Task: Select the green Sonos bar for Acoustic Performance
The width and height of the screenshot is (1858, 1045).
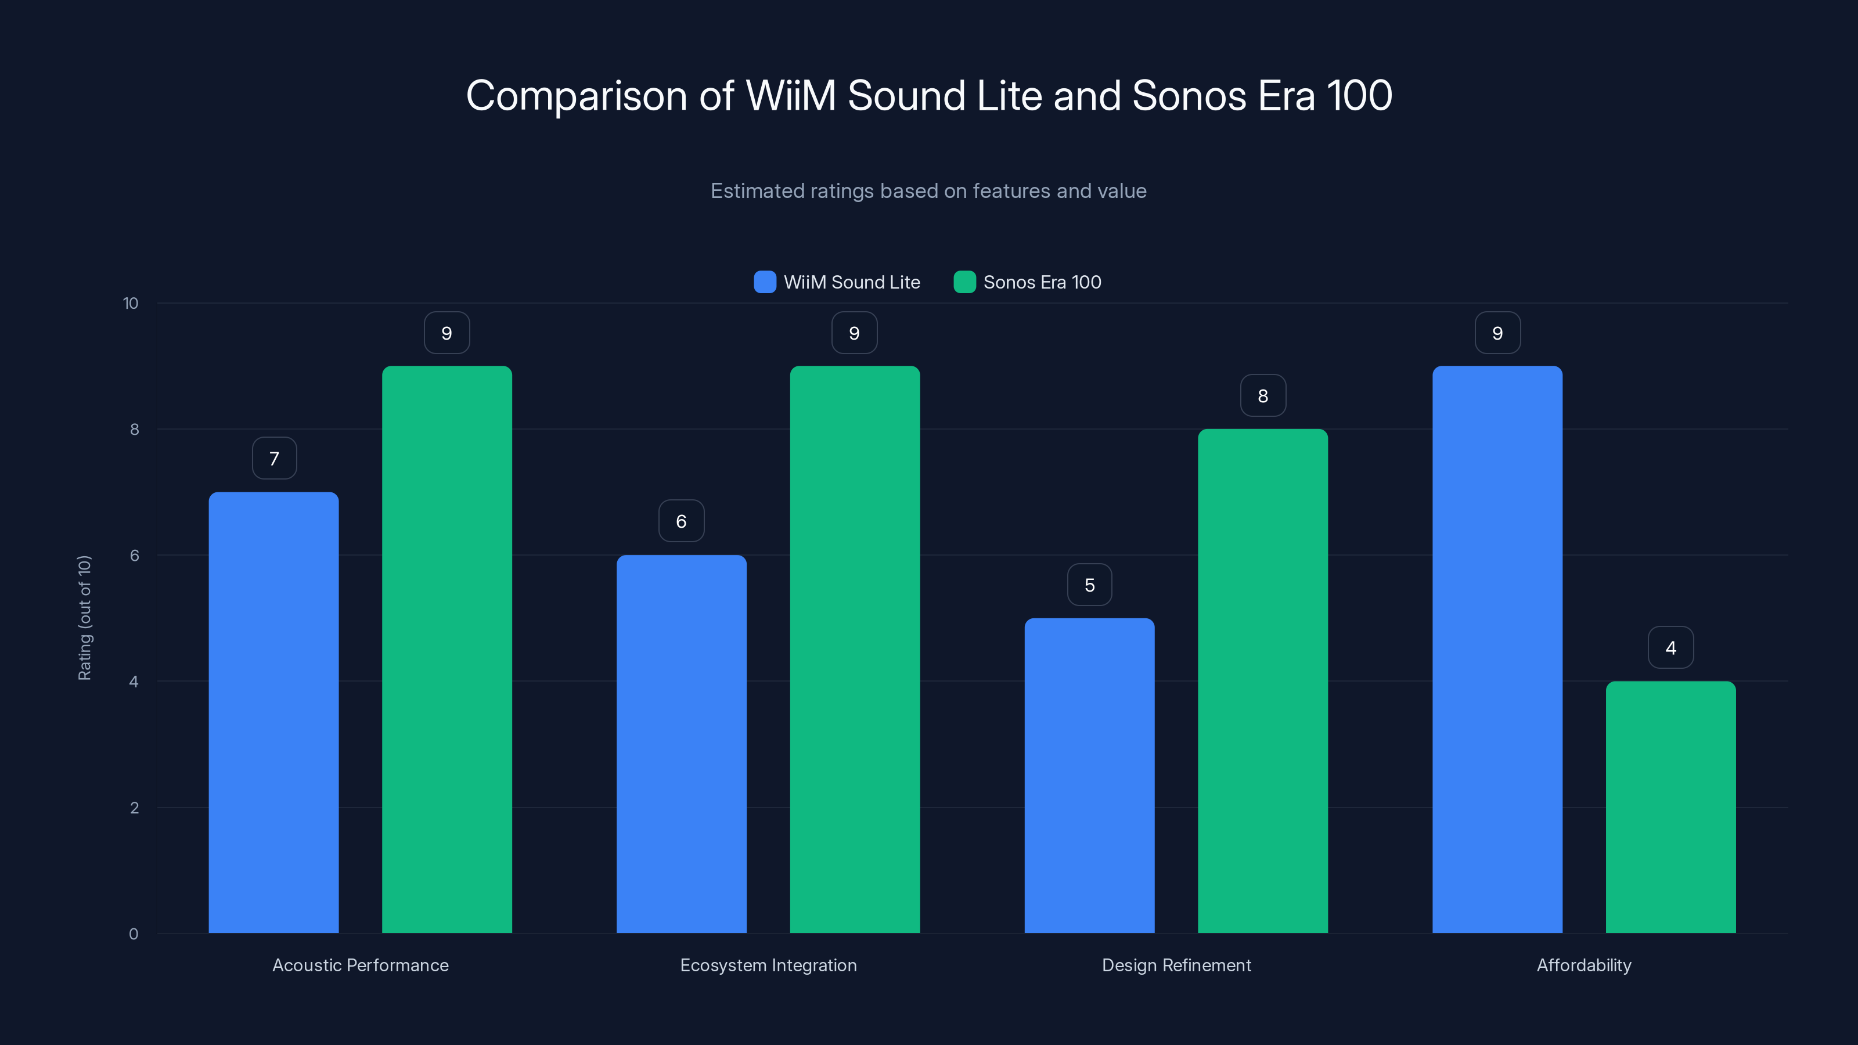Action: click(447, 649)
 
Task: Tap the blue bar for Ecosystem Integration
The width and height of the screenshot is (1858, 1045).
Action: click(681, 744)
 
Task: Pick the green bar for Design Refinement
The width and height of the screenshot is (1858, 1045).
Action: click(1262, 681)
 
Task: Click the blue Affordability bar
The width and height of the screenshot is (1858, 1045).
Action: click(1497, 649)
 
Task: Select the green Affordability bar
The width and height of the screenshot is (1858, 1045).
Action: click(1670, 807)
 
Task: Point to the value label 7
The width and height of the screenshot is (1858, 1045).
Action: click(274, 458)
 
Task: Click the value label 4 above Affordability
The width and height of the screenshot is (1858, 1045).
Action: click(1670, 648)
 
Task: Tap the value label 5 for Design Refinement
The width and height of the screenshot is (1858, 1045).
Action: click(1089, 585)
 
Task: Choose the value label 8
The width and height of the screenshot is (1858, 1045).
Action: click(1262, 395)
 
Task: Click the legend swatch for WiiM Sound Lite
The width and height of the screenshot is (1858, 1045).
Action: click(765, 282)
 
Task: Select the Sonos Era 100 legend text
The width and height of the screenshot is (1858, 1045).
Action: click(1042, 282)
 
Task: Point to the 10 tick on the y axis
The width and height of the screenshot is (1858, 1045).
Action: click(131, 303)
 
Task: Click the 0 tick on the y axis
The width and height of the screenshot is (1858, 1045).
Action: click(134, 934)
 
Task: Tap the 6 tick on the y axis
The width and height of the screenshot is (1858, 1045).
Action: click(134, 556)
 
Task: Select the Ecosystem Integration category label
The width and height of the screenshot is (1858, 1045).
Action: click(768, 965)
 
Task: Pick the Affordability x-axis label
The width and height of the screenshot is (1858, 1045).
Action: click(1583, 965)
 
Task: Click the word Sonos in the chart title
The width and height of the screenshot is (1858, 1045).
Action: click(1189, 95)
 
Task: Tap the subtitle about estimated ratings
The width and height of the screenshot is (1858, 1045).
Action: click(928, 190)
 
